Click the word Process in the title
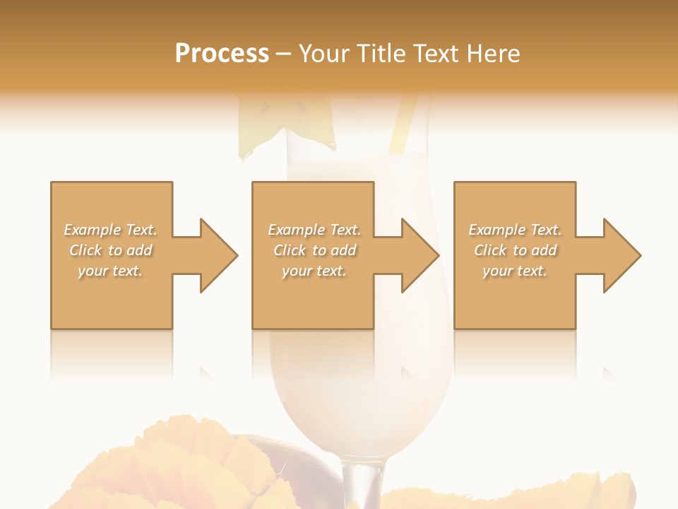coord(222,54)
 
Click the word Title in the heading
coord(381,54)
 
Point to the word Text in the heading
coord(435,54)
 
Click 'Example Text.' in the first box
coord(110,230)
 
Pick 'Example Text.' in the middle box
coord(314,230)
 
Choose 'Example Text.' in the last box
coord(515,230)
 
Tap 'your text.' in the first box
coord(110,271)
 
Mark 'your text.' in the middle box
coord(314,271)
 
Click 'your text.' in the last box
coord(515,271)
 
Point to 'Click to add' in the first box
coord(110,250)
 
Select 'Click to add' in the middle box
coord(314,250)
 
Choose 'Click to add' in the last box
coord(515,250)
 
